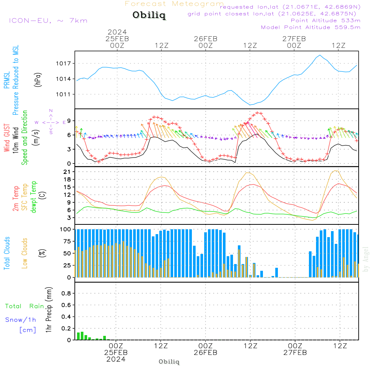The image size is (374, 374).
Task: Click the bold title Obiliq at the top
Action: click(149, 16)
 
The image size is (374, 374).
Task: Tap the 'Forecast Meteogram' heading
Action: click(174, 4)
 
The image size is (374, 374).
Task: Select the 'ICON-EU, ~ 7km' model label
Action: click(48, 20)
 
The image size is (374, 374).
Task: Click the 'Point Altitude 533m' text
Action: click(325, 21)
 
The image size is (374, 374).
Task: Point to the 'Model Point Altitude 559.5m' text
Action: click(310, 27)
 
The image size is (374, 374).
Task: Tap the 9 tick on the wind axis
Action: click(69, 120)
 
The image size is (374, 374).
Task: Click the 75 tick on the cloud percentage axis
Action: click(67, 242)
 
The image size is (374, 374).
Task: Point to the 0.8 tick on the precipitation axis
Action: click(66, 294)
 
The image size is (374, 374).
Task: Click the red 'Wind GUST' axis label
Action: click(7, 138)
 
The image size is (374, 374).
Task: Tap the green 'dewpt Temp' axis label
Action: click(34, 197)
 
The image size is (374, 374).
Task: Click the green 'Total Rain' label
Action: click(24, 306)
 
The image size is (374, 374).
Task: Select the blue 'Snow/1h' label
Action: click(21, 320)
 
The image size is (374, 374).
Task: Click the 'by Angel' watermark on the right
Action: click(366, 259)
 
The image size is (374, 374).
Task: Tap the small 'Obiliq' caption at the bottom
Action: click(169, 362)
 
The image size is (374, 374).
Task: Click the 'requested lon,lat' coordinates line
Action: click(290, 7)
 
